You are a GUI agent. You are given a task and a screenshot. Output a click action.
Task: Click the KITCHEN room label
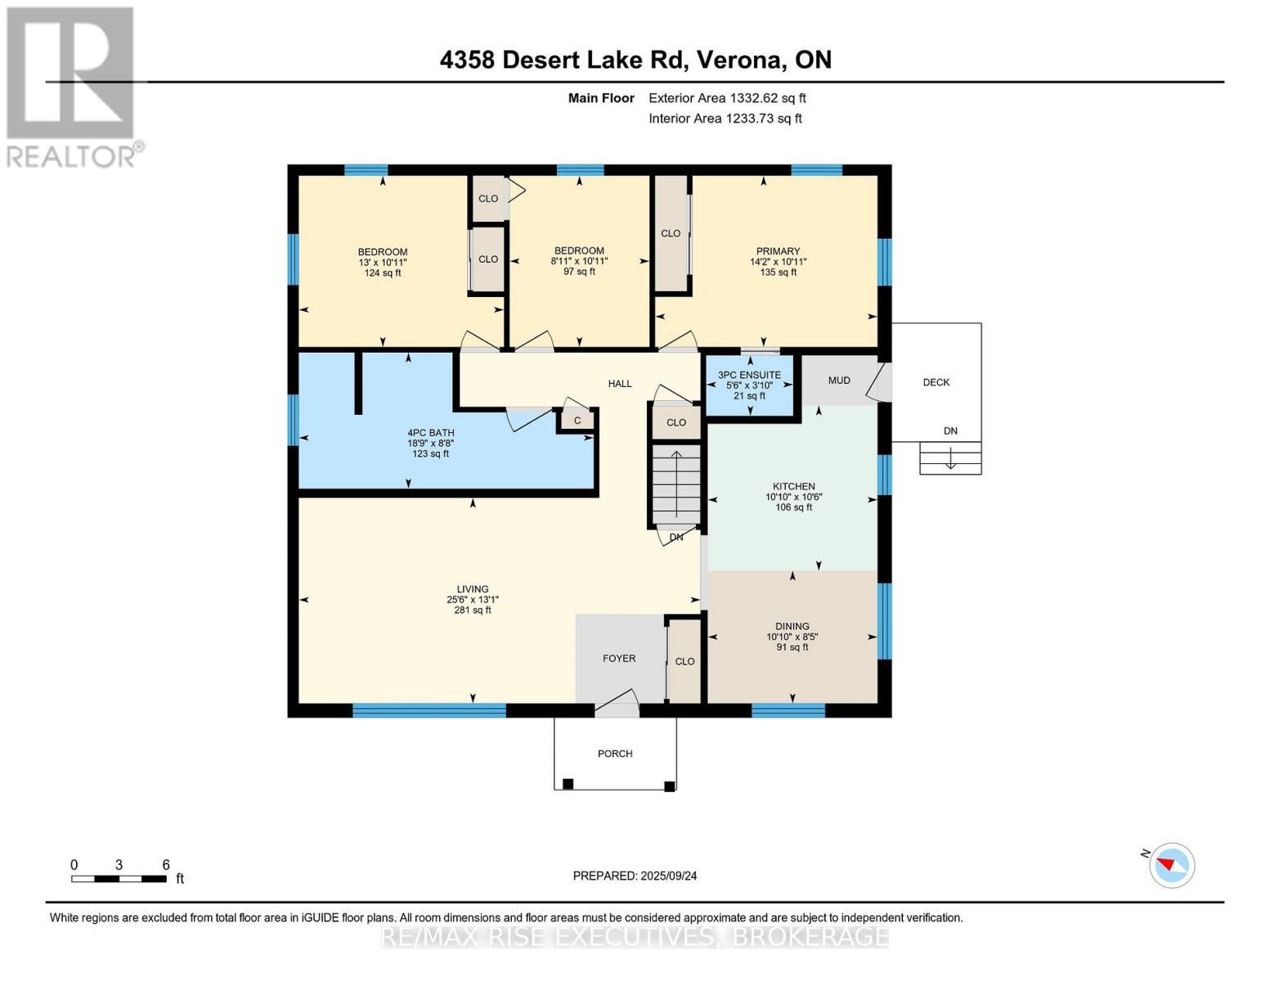[794, 487]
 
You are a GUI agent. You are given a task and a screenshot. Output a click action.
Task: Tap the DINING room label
[792, 626]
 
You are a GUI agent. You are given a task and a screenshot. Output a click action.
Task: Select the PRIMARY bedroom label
[778, 251]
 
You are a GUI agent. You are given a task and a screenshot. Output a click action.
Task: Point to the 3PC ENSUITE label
[749, 375]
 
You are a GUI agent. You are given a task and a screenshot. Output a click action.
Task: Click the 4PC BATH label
[431, 433]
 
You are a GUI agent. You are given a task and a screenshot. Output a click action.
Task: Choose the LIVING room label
[472, 589]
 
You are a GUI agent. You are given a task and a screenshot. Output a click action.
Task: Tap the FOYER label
[619, 659]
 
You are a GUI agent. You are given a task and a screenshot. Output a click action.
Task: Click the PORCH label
[615, 754]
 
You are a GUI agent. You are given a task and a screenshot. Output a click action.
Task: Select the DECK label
[936, 382]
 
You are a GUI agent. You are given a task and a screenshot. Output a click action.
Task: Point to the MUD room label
[839, 381]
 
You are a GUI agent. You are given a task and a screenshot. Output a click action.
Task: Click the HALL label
[620, 384]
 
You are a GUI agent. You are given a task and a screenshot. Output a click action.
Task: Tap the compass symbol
[1171, 866]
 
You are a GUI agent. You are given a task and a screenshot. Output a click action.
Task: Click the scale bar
[119, 879]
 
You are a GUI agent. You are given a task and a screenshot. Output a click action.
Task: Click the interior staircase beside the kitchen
[676, 484]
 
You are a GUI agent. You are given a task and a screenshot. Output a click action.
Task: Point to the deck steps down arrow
[950, 457]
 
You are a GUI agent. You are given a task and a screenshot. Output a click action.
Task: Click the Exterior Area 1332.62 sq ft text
[727, 98]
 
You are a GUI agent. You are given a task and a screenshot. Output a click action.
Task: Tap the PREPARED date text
[635, 876]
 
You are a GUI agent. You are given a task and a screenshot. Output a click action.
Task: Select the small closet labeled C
[577, 421]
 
